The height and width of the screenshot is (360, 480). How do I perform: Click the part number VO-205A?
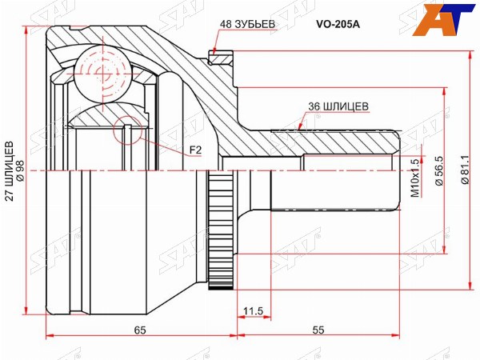pos(338,25)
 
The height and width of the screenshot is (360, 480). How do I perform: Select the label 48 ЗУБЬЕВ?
pos(248,24)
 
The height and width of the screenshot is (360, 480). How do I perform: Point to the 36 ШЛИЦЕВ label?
pos(338,106)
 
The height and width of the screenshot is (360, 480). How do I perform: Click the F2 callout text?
pos(195,150)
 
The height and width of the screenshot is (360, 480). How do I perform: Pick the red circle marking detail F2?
pos(128,130)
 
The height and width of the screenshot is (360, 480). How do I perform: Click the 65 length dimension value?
pos(140,330)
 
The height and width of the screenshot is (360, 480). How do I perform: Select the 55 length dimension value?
pos(318,330)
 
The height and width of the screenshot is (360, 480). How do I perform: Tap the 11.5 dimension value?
pos(253,311)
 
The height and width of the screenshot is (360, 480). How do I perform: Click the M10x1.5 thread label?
pos(414,178)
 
